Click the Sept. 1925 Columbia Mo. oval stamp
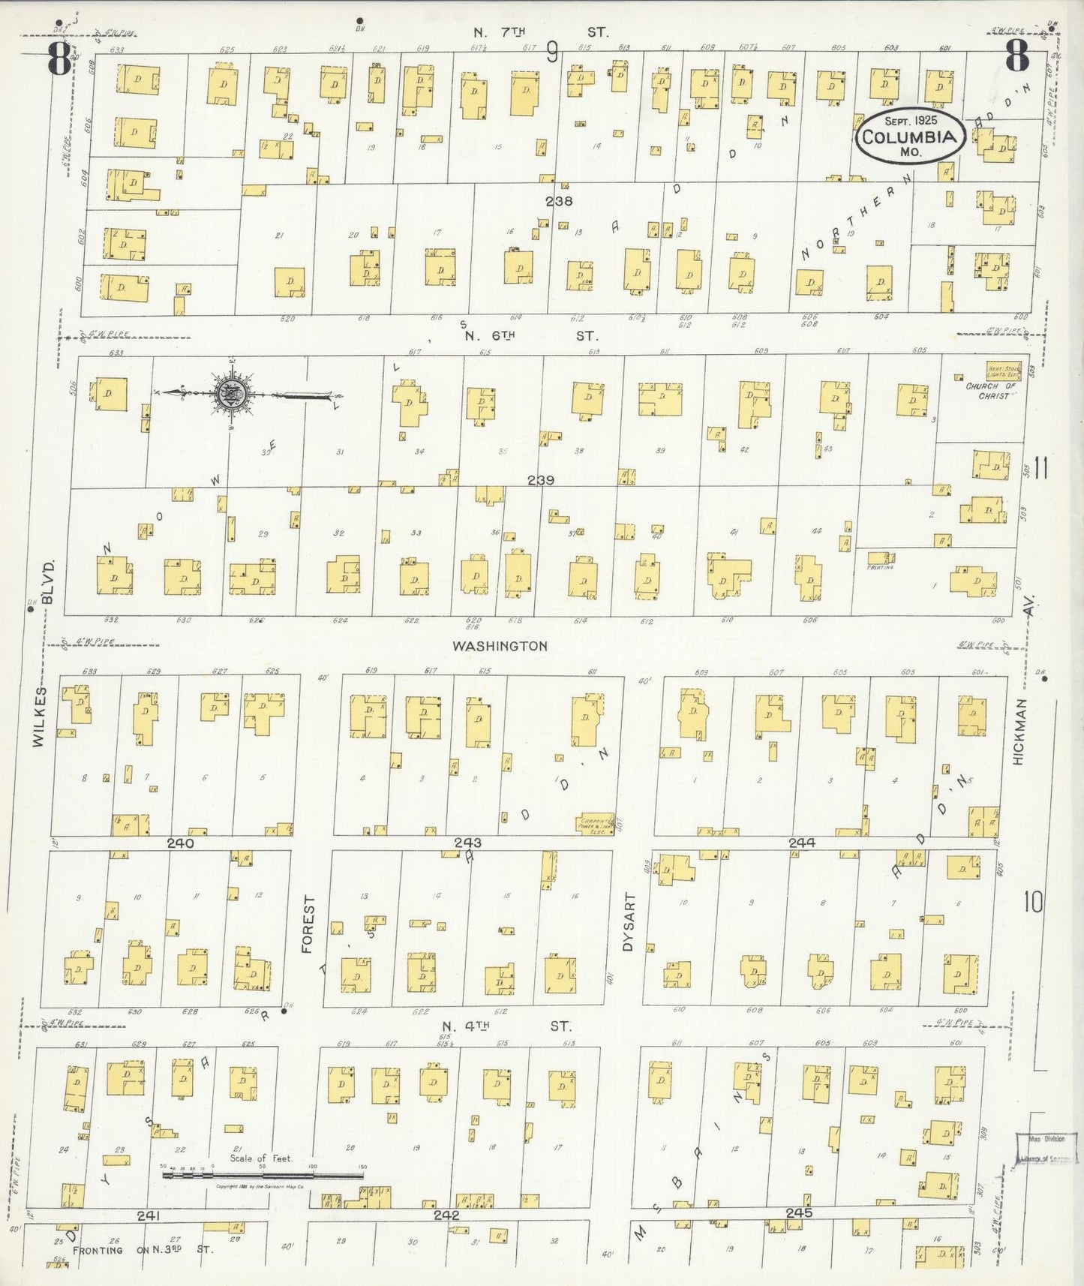[909, 135]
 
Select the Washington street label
[500, 645]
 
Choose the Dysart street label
[629, 922]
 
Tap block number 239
[540, 480]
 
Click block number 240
[180, 843]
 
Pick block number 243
[467, 843]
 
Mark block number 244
[801, 843]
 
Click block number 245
[800, 1212]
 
